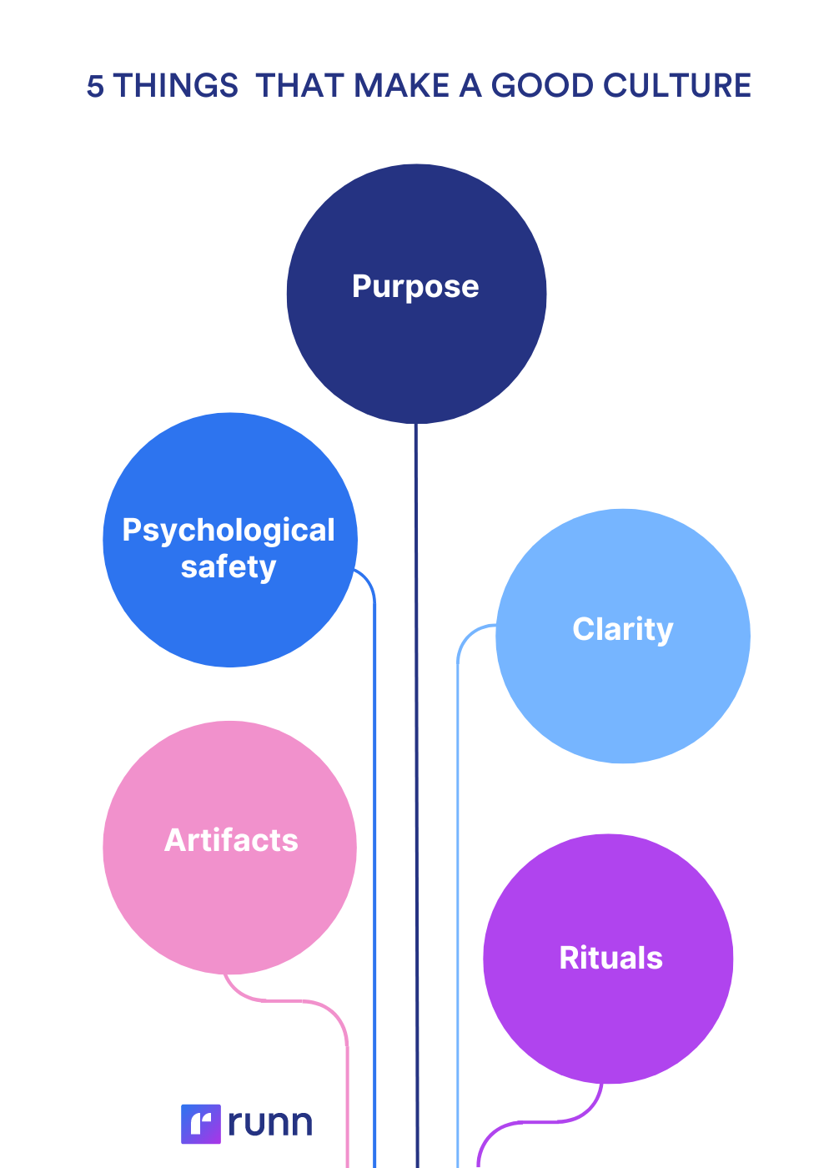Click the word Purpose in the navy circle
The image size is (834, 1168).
415,287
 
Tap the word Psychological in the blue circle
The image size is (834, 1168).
229,531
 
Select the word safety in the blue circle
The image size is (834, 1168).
229,567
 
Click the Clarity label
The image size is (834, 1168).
623,629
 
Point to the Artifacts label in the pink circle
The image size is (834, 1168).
231,840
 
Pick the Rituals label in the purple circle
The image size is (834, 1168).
611,958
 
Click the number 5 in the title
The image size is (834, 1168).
96,86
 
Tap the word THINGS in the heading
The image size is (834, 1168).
176,86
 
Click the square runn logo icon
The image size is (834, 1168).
201,1123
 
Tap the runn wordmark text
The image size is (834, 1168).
270,1123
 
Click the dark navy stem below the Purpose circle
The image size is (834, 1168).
417,751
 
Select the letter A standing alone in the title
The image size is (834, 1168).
471,86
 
